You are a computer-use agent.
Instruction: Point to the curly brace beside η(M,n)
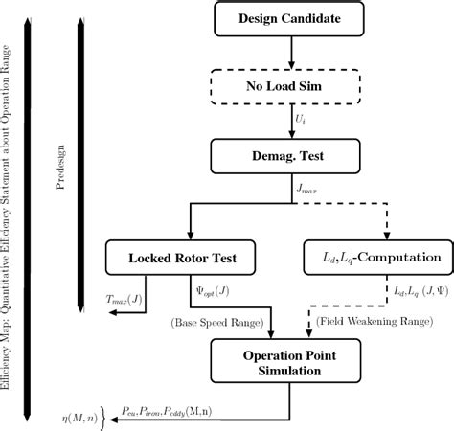pyautogui.click(x=104, y=415)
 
